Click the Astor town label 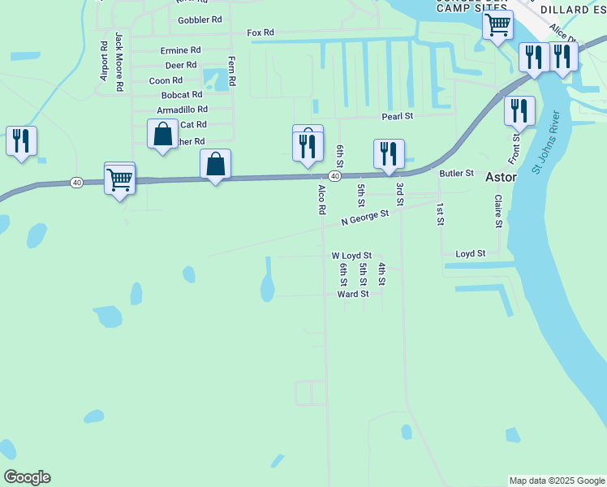pos(500,177)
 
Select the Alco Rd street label pos(322,199)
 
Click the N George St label pos(365,218)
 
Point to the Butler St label pos(456,173)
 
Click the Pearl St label pos(398,117)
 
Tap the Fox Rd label pos(260,32)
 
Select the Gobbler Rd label pos(200,19)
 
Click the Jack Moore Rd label pos(118,61)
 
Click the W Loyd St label pos(351,255)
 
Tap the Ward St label pos(353,294)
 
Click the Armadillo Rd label pos(183,110)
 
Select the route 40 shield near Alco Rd pos(334,176)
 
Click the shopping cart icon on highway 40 pos(119,179)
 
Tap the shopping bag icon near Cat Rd pos(162,133)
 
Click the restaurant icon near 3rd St pos(390,153)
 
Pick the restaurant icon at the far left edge pos(21,140)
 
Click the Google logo pos(27,477)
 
